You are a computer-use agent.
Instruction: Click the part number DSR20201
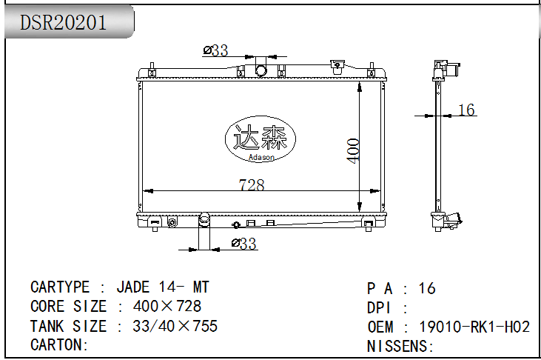(63, 22)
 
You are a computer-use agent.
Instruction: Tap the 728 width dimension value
(252, 184)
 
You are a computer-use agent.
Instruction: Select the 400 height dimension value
(353, 150)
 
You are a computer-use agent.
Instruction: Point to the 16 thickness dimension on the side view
(466, 110)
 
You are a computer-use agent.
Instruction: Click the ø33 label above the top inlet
(215, 50)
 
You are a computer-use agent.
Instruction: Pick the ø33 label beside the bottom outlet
(244, 244)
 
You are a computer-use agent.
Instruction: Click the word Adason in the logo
(261, 157)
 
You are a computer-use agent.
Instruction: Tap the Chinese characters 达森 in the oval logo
(261, 137)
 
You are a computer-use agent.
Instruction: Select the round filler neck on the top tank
(261, 70)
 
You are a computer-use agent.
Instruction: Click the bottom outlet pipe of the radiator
(204, 230)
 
